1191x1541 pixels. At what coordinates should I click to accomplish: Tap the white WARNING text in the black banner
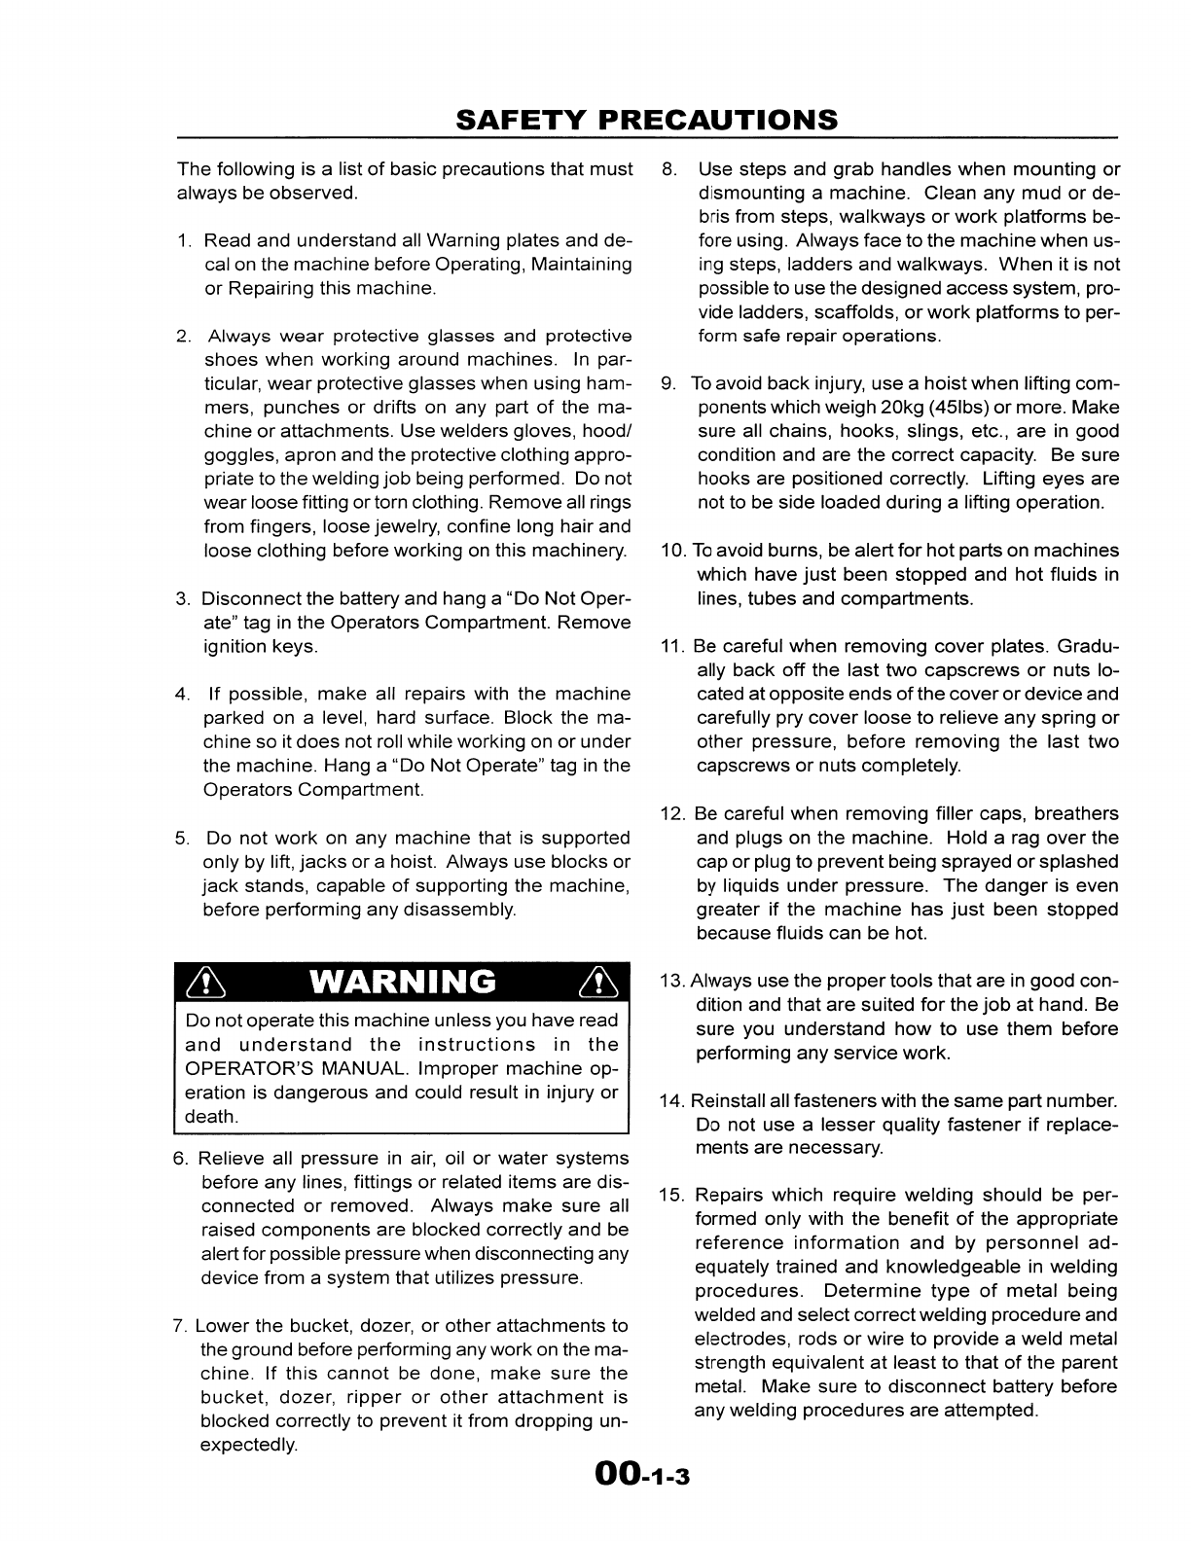coord(402,983)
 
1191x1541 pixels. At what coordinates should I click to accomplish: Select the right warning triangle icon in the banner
coord(595,984)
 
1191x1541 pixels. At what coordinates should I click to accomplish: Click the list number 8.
coord(668,169)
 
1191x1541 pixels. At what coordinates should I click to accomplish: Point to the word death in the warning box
coord(211,1117)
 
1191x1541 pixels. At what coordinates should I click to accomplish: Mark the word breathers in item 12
coord(1076,814)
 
